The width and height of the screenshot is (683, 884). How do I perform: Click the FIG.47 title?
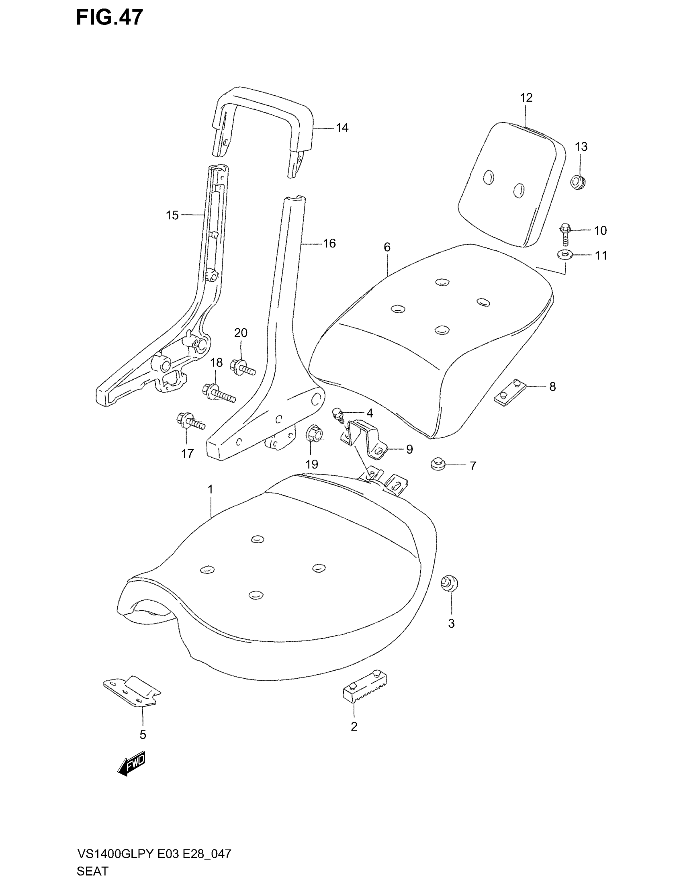[109, 18]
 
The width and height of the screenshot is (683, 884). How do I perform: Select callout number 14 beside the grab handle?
[342, 128]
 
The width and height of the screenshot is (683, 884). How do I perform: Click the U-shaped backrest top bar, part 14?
[263, 101]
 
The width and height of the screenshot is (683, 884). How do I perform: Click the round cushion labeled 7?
[437, 465]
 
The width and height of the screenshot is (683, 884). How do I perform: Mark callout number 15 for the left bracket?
[172, 215]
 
